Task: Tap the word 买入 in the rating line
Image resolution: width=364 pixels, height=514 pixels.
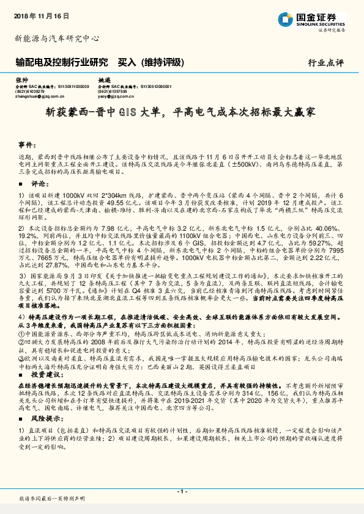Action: [x=127, y=62]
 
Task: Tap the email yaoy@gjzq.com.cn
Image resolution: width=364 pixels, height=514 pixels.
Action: [x=116, y=96]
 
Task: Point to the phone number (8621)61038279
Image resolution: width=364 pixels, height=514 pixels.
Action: [x=28, y=91]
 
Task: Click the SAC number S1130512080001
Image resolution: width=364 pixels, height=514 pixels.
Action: [x=160, y=86]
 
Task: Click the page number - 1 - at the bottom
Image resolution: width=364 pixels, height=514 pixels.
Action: [x=182, y=491]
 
